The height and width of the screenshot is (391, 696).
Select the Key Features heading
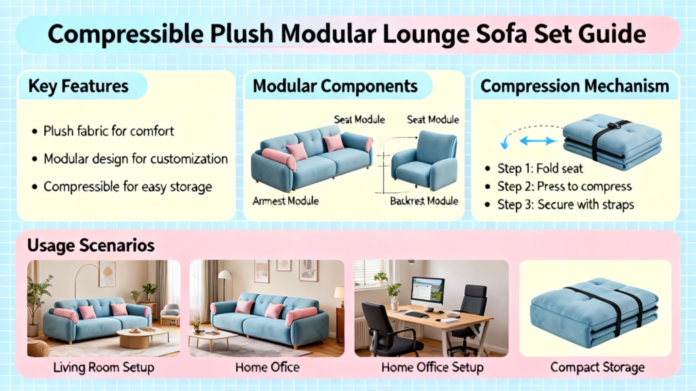click(78, 86)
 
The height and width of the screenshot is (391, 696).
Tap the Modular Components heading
click(335, 86)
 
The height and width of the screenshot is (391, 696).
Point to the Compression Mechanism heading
click(575, 86)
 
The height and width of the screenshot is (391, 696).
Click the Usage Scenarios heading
click(91, 245)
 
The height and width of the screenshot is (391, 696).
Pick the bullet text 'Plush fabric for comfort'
click(109, 131)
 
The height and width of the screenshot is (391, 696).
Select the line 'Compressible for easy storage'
click(128, 187)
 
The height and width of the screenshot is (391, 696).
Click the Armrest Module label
click(285, 201)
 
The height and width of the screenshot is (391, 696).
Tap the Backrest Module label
click(424, 201)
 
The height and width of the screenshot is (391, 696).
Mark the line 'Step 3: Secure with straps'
click(565, 204)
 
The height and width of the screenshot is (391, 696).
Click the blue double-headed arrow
click(538, 141)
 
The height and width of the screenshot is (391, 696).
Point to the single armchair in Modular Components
click(424, 160)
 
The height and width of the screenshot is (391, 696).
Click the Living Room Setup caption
click(103, 367)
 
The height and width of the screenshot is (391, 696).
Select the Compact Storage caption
click(597, 367)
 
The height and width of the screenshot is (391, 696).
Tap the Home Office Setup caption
click(432, 367)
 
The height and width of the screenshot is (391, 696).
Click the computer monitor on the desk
click(428, 293)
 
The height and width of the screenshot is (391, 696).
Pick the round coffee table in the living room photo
click(143, 337)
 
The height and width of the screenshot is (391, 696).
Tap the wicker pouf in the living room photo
click(38, 348)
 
